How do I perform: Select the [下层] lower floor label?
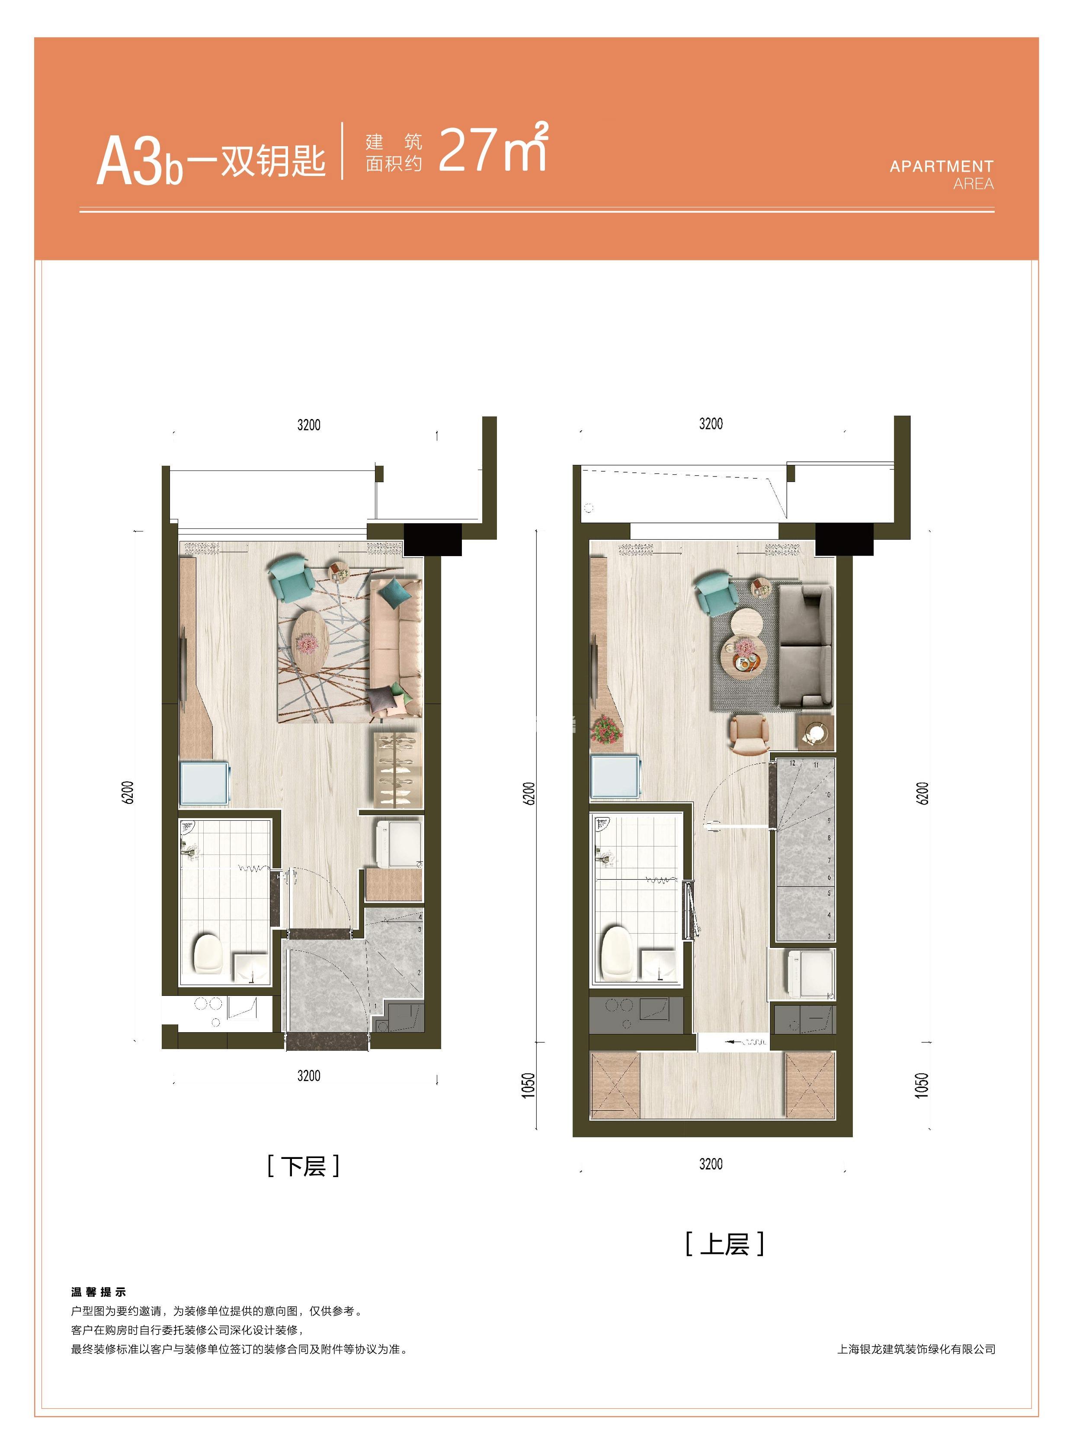[303, 1166]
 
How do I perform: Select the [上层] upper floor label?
[724, 1244]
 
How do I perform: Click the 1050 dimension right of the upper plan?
[922, 1085]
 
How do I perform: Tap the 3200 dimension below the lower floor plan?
[308, 1075]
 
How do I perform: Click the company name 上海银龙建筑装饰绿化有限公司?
[916, 1349]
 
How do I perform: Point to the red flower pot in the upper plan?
[605, 730]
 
